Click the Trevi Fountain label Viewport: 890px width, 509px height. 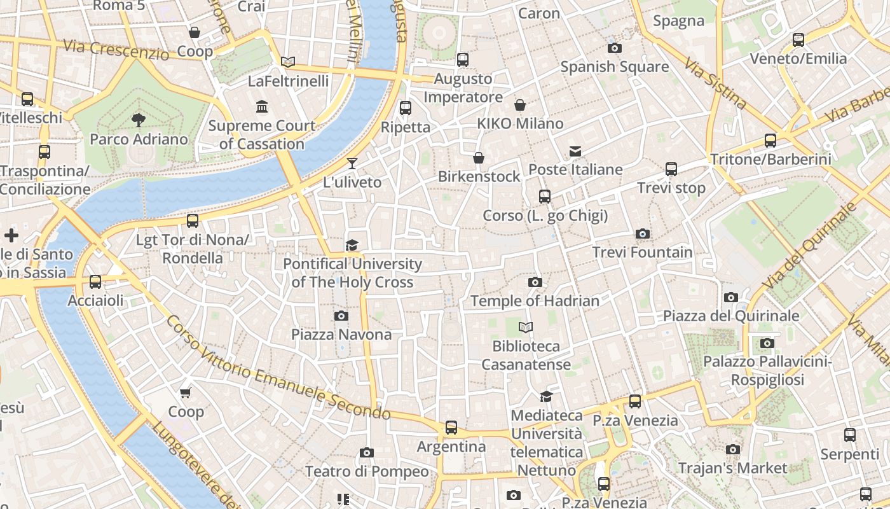642,253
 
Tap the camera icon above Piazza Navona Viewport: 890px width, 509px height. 341,316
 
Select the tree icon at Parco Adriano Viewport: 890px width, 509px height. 138,120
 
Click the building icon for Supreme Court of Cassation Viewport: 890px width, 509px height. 261,106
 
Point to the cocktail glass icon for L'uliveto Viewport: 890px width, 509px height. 352,164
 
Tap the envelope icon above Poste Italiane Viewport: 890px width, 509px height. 575,151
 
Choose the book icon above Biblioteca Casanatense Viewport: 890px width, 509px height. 526,328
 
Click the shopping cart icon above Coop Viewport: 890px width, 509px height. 186,393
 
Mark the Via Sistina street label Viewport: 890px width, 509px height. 716,81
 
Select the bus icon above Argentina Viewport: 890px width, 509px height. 451,428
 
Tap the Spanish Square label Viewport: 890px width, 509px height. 614,67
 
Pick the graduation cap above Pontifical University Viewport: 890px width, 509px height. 352,245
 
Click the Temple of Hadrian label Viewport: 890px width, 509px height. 535,301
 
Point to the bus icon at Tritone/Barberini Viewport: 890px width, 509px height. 770,141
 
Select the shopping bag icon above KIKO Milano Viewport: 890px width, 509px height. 520,105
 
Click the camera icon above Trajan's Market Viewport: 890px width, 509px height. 732,450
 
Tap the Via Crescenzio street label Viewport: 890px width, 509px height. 116,50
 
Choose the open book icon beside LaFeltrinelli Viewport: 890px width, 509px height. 288,62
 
